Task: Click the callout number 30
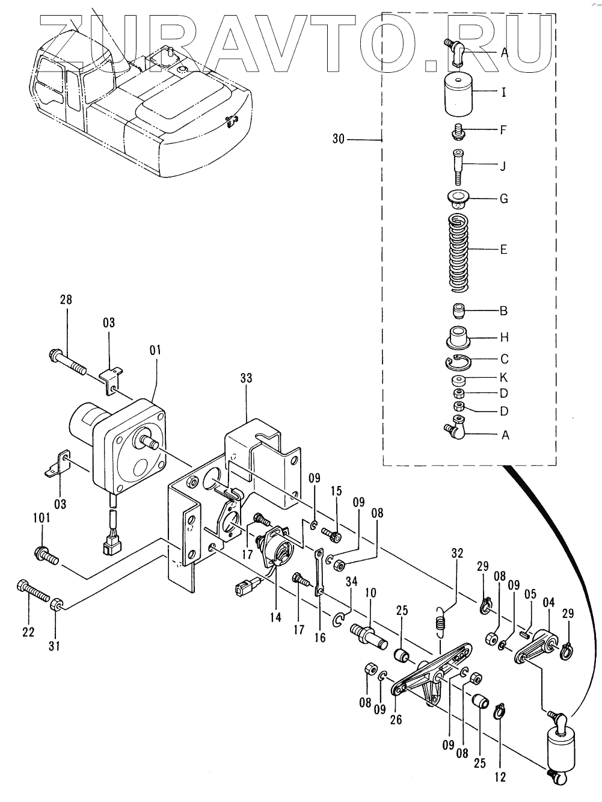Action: [x=339, y=139]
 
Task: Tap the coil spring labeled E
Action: [x=458, y=253]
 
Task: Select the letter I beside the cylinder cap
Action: [x=504, y=92]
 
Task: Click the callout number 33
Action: [x=247, y=378]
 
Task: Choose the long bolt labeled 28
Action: [x=67, y=363]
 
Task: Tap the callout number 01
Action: [x=155, y=350]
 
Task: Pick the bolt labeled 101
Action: [x=46, y=555]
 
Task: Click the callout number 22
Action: [x=28, y=632]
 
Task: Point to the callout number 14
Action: [x=275, y=617]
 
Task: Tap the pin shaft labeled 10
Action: [x=368, y=637]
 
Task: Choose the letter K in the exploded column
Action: [x=504, y=377]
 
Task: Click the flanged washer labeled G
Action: [x=458, y=199]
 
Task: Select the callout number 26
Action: [x=396, y=720]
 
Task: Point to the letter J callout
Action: [x=503, y=166]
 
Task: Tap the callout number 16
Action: [x=320, y=638]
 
